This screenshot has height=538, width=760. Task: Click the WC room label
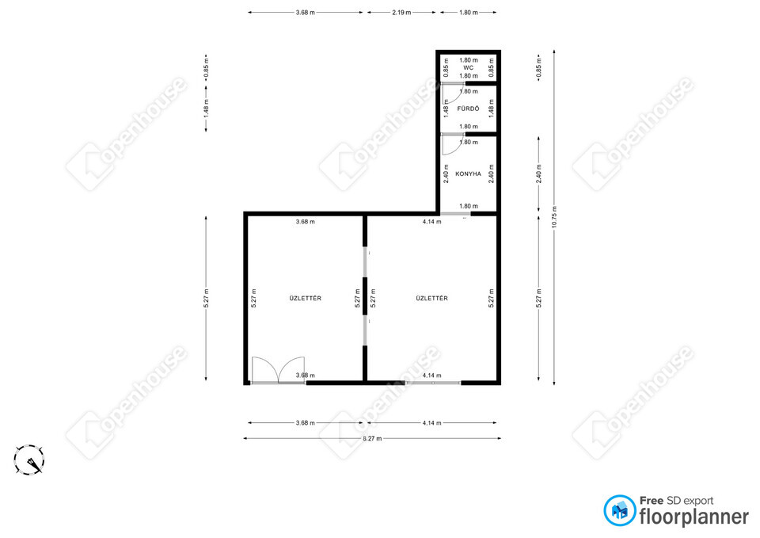pos(468,68)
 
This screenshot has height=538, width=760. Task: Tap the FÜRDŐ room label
pos(468,109)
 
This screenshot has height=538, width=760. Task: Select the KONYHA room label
pos(468,174)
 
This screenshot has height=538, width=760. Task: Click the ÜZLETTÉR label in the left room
pos(306,299)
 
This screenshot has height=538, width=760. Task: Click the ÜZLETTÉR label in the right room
pos(432,299)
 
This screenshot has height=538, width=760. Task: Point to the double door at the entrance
pos(278,371)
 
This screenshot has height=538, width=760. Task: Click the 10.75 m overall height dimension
pos(554,217)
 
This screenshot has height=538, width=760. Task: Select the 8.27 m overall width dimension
pos(372,438)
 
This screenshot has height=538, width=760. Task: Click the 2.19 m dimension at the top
pos(401,13)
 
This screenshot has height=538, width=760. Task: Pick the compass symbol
pos(29,460)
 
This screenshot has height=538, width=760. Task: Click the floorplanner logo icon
pos(619,510)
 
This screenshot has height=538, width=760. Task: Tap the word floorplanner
pos(694,517)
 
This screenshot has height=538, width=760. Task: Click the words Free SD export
pos(677,501)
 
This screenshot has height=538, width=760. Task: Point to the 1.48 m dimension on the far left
pos(207,109)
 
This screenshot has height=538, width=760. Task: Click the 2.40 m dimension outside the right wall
pos(539,174)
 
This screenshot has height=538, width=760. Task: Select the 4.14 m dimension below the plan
pos(431,422)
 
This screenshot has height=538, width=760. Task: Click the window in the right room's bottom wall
pos(433,383)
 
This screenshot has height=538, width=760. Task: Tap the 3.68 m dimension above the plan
pos(306,13)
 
